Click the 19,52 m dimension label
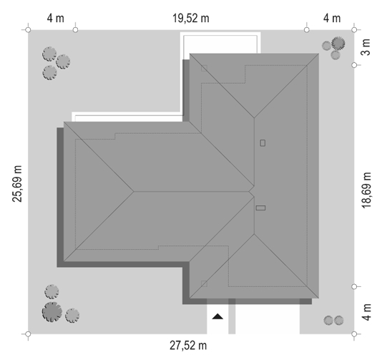(x=191, y=19)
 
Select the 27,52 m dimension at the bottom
(x=188, y=346)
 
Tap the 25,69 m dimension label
(x=17, y=184)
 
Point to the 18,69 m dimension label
(x=366, y=190)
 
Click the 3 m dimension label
(x=366, y=47)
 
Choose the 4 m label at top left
(x=56, y=19)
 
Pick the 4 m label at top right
(x=332, y=19)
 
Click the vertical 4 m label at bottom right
(x=367, y=312)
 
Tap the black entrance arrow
(x=217, y=316)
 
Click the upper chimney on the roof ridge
(x=263, y=143)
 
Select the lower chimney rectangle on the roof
(x=260, y=208)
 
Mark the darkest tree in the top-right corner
(x=338, y=43)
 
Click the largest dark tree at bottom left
(x=52, y=312)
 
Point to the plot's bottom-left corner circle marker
(x=28, y=334)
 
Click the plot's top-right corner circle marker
(x=354, y=30)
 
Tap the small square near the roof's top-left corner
(x=204, y=69)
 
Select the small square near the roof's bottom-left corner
(x=204, y=283)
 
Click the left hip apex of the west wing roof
(x=134, y=191)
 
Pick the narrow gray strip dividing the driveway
(x=232, y=316)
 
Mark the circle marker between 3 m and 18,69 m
(x=354, y=65)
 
